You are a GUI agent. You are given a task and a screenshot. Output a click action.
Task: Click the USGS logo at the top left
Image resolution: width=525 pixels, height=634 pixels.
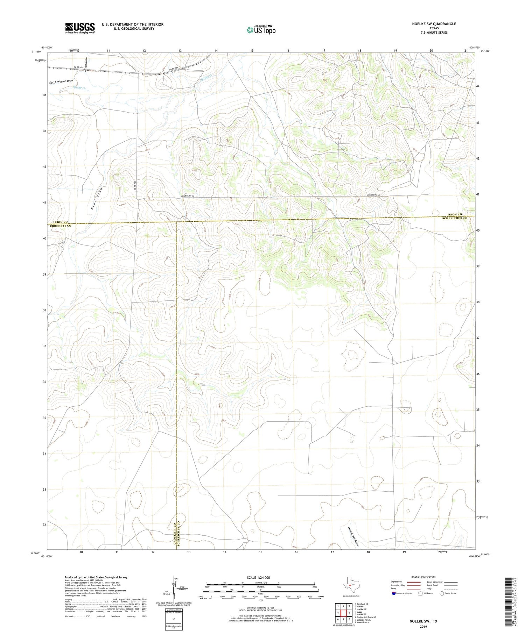(80, 28)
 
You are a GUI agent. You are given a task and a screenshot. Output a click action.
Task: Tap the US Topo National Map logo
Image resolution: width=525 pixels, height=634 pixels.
(261, 30)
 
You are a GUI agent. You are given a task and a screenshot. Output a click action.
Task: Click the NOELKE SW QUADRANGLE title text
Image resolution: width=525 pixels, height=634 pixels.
(434, 24)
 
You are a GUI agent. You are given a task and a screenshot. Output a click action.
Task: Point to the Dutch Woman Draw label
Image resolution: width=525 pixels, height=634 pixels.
(61, 82)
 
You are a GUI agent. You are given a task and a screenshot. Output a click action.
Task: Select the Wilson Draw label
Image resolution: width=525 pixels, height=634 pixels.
(86, 65)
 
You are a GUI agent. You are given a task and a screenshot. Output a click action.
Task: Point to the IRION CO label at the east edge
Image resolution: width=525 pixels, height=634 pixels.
(455, 214)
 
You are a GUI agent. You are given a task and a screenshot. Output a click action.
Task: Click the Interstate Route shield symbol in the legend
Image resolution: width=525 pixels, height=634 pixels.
(394, 593)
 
